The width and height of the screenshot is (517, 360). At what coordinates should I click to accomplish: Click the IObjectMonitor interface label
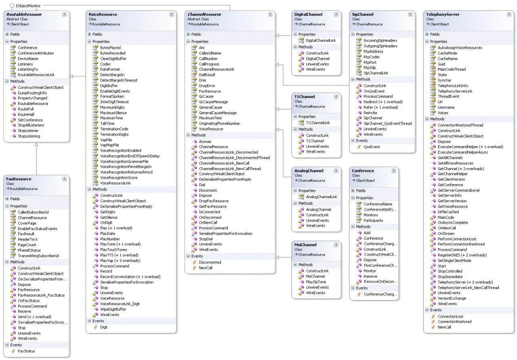pyautogui.click(x=28, y=6)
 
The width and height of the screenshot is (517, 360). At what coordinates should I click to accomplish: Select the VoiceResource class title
pyautogui.click(x=103, y=14)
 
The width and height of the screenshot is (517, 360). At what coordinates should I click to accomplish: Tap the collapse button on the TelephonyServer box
pyautogui.click(x=509, y=15)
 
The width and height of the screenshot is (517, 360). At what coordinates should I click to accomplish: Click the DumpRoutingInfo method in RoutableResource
pyautogui.click(x=32, y=93)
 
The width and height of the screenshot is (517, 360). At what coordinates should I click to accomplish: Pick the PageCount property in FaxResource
pyautogui.click(x=27, y=245)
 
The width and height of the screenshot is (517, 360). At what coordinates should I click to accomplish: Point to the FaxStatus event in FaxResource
pyautogui.click(x=26, y=351)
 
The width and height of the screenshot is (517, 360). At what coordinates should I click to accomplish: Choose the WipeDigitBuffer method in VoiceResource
pyautogui.click(x=113, y=309)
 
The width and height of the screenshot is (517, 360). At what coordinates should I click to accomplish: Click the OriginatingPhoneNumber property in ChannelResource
pyautogui.click(x=219, y=123)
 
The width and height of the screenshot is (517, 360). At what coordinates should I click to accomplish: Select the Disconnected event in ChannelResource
pyautogui.click(x=210, y=262)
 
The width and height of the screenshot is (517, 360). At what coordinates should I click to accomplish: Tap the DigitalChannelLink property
pyautogui.click(x=321, y=40)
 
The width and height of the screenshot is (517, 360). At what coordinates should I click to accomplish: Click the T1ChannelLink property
pyautogui.click(x=318, y=123)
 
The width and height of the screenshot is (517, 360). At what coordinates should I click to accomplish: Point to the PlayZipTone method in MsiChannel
pyautogui.click(x=316, y=282)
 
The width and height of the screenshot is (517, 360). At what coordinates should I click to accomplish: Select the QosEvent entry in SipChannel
pyautogui.click(x=372, y=147)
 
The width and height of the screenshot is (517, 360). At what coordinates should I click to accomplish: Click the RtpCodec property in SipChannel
pyautogui.click(x=372, y=57)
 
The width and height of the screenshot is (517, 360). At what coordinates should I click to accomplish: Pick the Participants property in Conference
pyautogui.click(x=373, y=220)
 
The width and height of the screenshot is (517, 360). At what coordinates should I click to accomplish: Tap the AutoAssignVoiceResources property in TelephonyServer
pyautogui.click(x=460, y=48)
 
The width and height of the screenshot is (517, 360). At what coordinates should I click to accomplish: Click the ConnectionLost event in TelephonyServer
pyautogui.click(x=450, y=316)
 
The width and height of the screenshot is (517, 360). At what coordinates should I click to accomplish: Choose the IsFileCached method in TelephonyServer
pyautogui.click(x=448, y=212)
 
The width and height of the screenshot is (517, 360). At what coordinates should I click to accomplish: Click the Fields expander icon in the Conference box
pyautogui.click(x=353, y=190)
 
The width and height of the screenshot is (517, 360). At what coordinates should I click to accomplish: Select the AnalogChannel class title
pyautogui.click(x=309, y=171)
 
